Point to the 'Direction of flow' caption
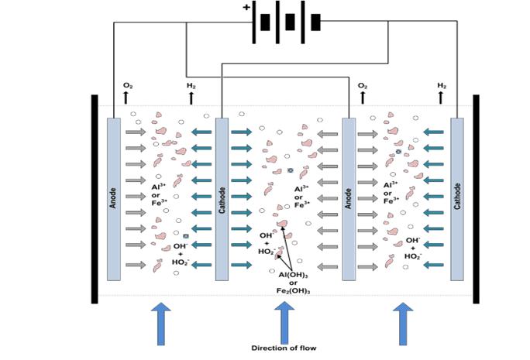pos(284,348)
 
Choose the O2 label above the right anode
pos(362,86)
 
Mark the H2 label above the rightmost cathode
pos(442,85)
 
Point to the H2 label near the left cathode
pos(191,86)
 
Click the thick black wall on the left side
pos(94,198)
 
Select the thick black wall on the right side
pos(476,198)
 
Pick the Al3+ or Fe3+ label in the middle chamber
pos(301,196)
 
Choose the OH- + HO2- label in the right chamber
pos(413,248)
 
